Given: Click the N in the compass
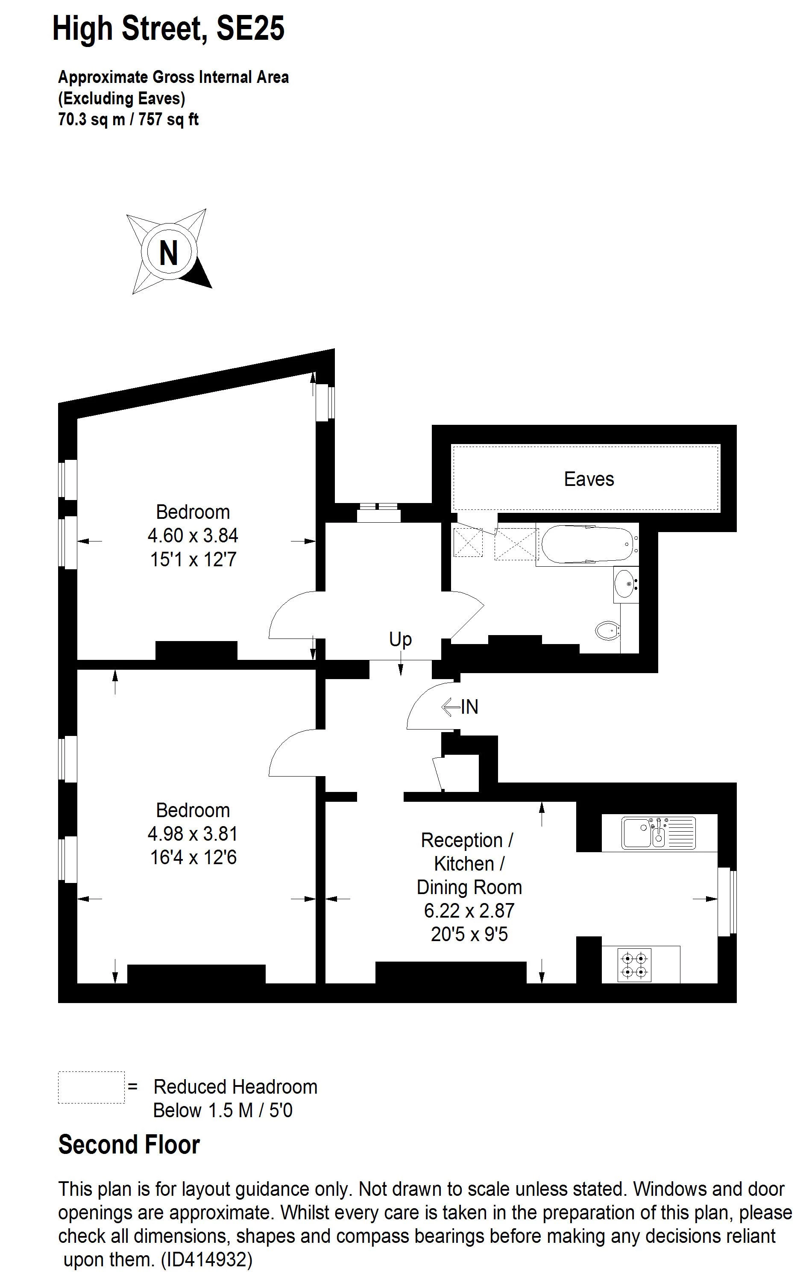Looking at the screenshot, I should click(x=168, y=253).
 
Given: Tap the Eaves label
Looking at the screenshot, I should click(x=589, y=479).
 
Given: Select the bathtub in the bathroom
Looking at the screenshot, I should click(x=588, y=544).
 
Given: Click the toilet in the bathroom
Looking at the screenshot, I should click(x=608, y=631).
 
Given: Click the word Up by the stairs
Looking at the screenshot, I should click(x=400, y=639).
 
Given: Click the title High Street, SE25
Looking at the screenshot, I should click(x=168, y=29).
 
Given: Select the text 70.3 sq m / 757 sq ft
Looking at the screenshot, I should click(x=128, y=120).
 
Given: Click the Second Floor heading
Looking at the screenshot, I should click(x=129, y=1145).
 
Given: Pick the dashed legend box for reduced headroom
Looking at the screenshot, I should click(x=91, y=1087).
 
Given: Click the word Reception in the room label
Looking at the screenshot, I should click(x=462, y=840).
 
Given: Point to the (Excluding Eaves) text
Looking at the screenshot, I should click(x=122, y=98).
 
